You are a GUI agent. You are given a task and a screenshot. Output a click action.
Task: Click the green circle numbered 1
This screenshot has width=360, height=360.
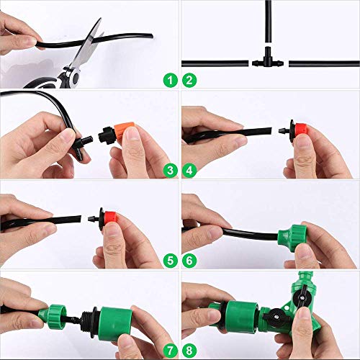click(x=171, y=81)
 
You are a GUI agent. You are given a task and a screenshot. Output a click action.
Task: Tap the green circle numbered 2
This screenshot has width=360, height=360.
click(x=189, y=81)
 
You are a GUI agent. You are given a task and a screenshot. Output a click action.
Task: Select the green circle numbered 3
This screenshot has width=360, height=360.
click(x=171, y=171)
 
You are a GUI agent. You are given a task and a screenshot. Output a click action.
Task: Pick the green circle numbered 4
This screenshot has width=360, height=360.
click(x=189, y=171)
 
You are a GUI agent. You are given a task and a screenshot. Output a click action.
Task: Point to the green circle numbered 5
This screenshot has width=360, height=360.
click(x=171, y=261)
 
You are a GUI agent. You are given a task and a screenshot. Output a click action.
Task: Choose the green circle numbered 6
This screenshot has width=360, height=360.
click(x=189, y=261)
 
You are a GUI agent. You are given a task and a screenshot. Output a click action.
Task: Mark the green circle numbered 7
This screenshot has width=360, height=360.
click(x=171, y=351)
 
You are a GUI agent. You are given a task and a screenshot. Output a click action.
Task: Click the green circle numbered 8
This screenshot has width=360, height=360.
click(x=189, y=351)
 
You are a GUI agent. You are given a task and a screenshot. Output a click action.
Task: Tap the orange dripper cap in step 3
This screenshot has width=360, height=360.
click(x=125, y=131)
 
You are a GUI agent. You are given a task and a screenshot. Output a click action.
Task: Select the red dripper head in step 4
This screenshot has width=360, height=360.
click(x=302, y=132)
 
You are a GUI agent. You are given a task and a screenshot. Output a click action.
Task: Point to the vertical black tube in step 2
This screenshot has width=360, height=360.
click(x=269, y=22)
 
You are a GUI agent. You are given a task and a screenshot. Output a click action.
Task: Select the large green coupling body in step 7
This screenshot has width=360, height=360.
click(x=115, y=321)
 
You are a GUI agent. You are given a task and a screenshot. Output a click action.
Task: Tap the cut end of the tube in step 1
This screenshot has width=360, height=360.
click(x=152, y=36)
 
